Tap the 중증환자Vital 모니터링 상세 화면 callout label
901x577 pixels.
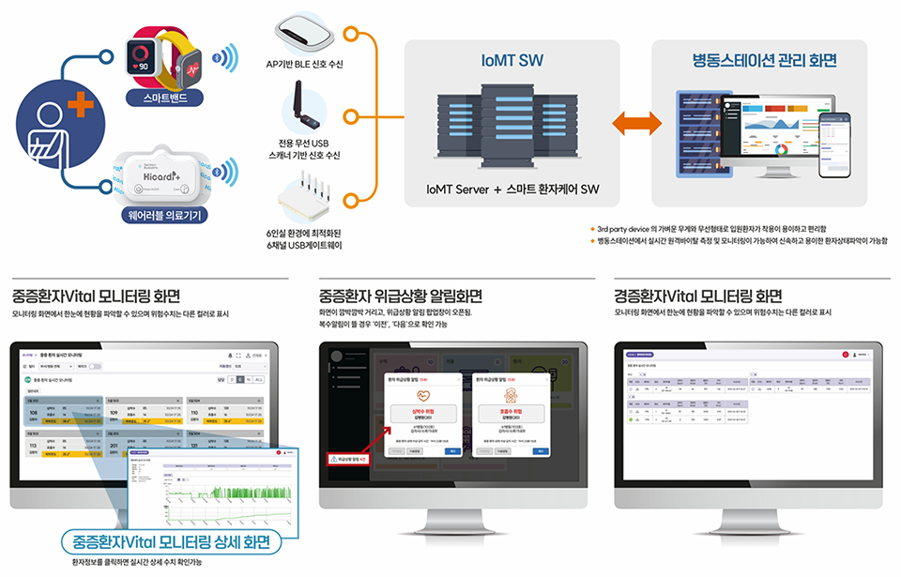(x=178, y=542)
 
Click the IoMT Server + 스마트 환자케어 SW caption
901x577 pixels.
(x=512, y=189)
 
